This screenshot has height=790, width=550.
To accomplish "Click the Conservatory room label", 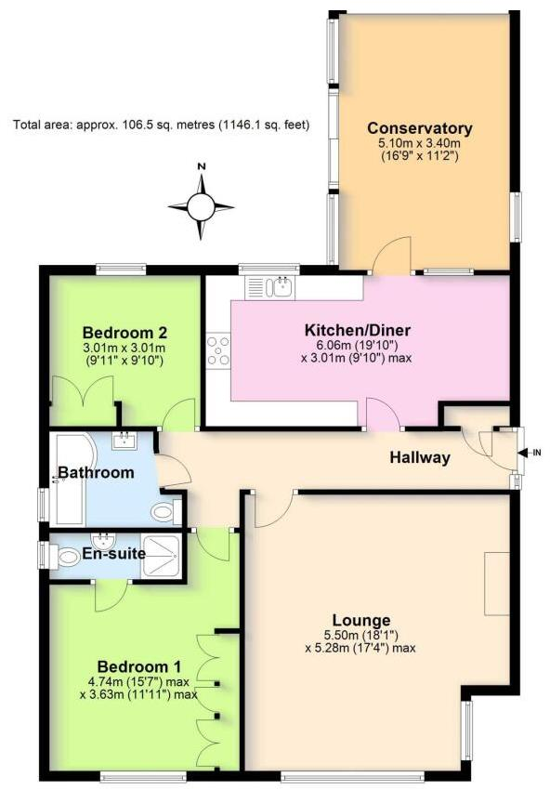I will [x=419, y=128].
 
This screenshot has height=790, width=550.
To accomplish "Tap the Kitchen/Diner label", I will [x=358, y=330].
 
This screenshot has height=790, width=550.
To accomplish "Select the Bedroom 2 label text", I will [x=124, y=333].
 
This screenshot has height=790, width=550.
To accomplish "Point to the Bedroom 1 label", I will [x=139, y=666].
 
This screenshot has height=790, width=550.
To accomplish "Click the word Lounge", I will [x=360, y=621].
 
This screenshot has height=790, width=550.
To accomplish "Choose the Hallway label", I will [x=420, y=457].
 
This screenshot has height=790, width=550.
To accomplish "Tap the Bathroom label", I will [x=96, y=473].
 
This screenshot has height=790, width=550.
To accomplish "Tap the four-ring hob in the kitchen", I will [x=219, y=350].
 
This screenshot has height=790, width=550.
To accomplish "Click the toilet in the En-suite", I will [x=67, y=556].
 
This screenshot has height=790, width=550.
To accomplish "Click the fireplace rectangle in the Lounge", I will [x=497, y=583].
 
